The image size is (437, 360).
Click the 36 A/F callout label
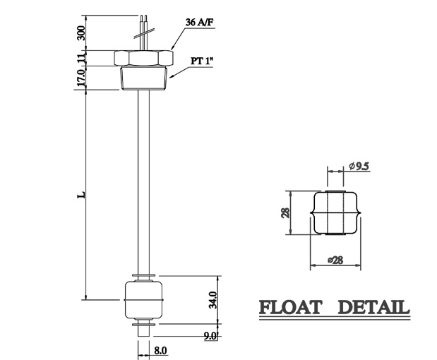tap(200, 23)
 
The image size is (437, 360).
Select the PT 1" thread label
tap(201, 61)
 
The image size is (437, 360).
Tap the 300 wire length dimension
tap(81, 32)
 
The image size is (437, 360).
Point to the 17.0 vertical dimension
tap(81, 77)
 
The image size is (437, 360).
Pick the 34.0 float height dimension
tap(212, 299)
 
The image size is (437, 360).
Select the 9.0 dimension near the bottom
tap(210, 337)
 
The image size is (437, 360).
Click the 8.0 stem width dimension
tap(161, 349)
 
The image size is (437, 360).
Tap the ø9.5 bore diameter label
tap(359, 167)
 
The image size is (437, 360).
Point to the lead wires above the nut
tap(144, 31)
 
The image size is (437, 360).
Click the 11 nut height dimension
tap(81, 57)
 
